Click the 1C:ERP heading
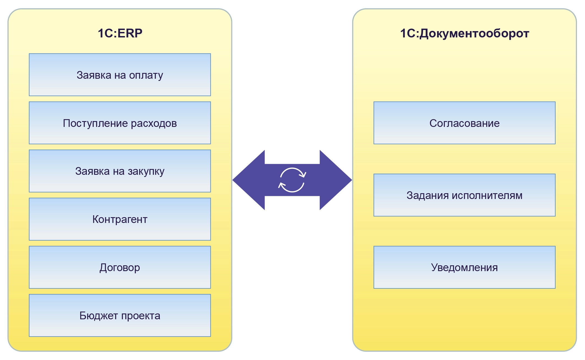pyautogui.click(x=120, y=33)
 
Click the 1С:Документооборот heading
pyautogui.click(x=464, y=34)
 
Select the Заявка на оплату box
pyautogui.click(x=120, y=75)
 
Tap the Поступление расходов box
pyautogui.click(x=120, y=123)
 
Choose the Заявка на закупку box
pyautogui.click(x=120, y=171)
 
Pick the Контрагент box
pyautogui.click(x=120, y=219)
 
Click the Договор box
pyautogui.click(x=120, y=267)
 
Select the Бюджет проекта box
pyautogui.click(x=120, y=315)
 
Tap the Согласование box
pyautogui.click(x=464, y=123)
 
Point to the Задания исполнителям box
pyautogui.click(x=464, y=195)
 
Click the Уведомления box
pyautogui.click(x=464, y=267)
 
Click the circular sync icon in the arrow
pyautogui.click(x=292, y=180)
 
